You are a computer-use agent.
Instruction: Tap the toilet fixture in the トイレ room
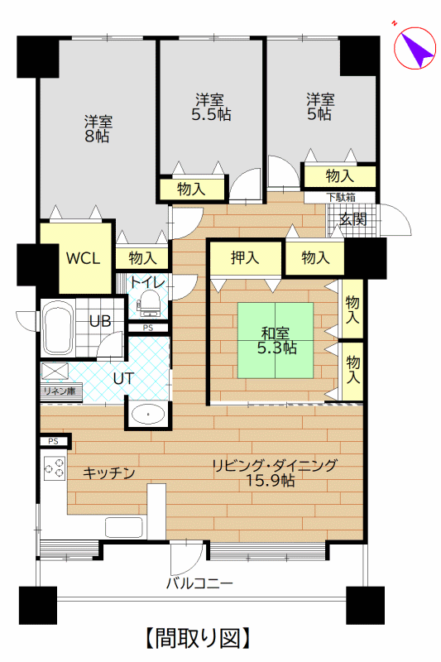tap(148, 302)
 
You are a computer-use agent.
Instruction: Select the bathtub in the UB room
tap(57, 328)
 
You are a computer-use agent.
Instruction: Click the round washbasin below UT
tap(148, 415)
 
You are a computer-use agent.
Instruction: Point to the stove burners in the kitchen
tap(55, 468)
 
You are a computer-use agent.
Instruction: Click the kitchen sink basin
tap(123, 527)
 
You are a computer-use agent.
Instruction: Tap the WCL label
tap(84, 258)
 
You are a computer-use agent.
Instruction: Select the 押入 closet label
tap(245, 257)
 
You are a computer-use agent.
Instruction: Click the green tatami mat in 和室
tap(276, 340)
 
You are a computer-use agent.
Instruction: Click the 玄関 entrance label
tap(353, 218)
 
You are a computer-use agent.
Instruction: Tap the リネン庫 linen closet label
tap(60, 391)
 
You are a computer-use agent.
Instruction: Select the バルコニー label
tap(199, 584)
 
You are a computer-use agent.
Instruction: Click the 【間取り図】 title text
tap(199, 638)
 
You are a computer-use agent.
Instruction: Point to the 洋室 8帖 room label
tap(98, 129)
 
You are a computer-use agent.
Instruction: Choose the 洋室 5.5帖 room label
tap(211, 108)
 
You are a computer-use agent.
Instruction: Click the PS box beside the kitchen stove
tap(54, 442)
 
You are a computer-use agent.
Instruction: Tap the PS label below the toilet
tap(148, 328)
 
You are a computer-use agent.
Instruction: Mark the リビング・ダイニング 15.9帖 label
tap(274, 473)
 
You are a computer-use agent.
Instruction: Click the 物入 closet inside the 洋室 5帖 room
tap(340, 176)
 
